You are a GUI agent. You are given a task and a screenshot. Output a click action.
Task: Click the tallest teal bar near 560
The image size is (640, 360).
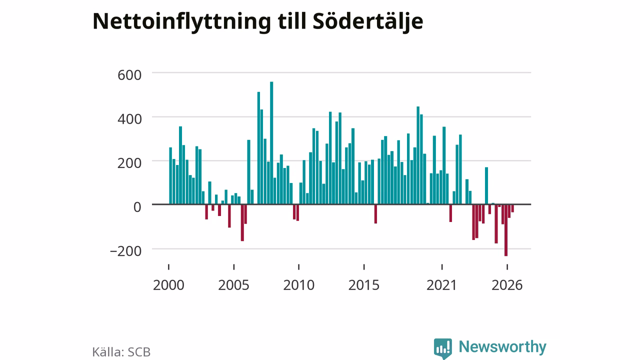pyautogui.click(x=271, y=143)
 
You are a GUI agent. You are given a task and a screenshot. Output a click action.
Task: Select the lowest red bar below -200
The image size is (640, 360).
pyautogui.click(x=506, y=230)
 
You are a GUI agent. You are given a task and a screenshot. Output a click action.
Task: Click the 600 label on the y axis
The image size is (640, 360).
pyautogui.click(x=129, y=75)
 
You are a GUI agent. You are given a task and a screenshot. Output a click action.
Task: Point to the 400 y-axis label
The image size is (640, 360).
pyautogui.click(x=129, y=119)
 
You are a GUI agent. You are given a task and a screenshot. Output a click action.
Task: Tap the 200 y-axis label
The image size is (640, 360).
pyautogui.click(x=129, y=163)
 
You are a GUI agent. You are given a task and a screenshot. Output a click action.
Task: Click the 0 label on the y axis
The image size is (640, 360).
pyautogui.click(x=137, y=207)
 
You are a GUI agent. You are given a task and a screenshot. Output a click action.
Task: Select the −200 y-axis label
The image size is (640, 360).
pyautogui.click(x=125, y=251)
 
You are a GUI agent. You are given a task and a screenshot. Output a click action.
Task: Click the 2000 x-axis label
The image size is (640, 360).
pyautogui.click(x=168, y=285)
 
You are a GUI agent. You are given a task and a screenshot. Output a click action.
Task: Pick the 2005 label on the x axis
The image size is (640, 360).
pyautogui.click(x=233, y=285)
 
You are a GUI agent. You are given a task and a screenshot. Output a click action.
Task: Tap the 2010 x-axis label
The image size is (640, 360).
pyautogui.click(x=299, y=285)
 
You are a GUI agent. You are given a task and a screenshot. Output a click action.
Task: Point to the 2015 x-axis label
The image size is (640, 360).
pyautogui.click(x=364, y=285)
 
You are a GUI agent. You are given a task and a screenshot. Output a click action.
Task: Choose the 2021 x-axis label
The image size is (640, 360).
pyautogui.click(x=441, y=285)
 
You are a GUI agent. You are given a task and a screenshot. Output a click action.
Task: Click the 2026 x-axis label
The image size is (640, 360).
pyautogui.click(x=507, y=285)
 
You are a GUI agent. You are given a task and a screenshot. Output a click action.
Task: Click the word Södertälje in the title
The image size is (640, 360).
pyautogui.click(x=368, y=21)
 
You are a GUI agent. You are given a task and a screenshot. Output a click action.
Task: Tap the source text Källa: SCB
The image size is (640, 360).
pyautogui.click(x=121, y=352)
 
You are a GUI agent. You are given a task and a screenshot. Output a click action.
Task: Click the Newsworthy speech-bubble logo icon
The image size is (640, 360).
pyautogui.click(x=443, y=348)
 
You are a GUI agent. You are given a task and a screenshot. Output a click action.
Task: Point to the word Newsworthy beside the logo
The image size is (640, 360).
pyautogui.click(x=502, y=347)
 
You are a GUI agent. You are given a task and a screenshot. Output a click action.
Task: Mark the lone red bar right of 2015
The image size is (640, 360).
pyautogui.click(x=375, y=214)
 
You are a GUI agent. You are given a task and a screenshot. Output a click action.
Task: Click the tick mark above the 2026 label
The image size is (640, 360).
pyautogui.click(x=507, y=267)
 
